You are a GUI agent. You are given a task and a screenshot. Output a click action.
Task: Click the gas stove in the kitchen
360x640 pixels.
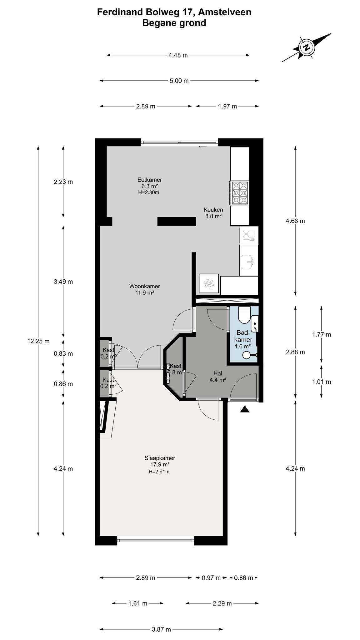point(239,193)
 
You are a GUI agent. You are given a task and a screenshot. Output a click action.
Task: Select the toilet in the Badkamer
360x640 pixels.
point(244,315)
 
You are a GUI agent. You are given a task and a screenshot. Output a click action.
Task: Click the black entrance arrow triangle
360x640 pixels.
point(245,409)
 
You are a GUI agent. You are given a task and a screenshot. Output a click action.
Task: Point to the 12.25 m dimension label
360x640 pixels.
point(38,341)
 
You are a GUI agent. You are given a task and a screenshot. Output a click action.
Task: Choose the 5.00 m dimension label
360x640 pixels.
point(179,81)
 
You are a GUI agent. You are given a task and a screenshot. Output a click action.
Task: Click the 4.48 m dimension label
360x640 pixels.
point(178,55)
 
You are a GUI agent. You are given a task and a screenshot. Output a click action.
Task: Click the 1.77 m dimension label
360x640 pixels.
point(322,334)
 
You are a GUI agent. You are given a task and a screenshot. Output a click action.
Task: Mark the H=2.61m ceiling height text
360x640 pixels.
point(159,472)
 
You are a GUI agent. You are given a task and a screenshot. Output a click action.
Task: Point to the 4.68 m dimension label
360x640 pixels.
point(295,221)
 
